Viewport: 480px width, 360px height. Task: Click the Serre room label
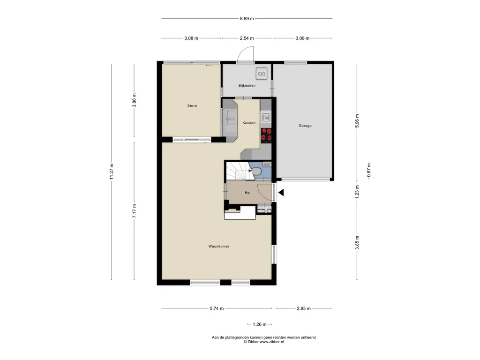(x=192, y=105)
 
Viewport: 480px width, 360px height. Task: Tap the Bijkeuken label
(x=247, y=85)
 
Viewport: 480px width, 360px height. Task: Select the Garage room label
(x=305, y=126)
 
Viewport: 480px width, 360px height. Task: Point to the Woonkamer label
(x=218, y=246)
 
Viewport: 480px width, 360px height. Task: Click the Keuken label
(x=249, y=123)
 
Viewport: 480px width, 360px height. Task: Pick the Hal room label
(x=247, y=193)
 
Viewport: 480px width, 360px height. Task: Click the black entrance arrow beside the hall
(x=281, y=193)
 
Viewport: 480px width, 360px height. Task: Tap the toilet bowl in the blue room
(x=256, y=172)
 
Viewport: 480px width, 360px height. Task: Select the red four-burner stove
(x=266, y=135)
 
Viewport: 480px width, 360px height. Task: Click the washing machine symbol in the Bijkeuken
(x=262, y=74)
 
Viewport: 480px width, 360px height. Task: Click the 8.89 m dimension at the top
(x=247, y=18)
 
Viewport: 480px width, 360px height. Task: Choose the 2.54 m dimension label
(x=247, y=38)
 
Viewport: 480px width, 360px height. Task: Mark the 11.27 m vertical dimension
(x=112, y=172)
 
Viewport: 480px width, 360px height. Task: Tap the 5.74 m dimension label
(x=217, y=308)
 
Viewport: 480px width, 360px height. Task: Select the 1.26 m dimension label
(x=260, y=324)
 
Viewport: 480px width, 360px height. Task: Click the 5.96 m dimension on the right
(x=357, y=120)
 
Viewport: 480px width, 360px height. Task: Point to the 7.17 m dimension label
(x=134, y=211)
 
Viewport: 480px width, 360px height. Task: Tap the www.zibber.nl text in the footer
(x=271, y=342)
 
